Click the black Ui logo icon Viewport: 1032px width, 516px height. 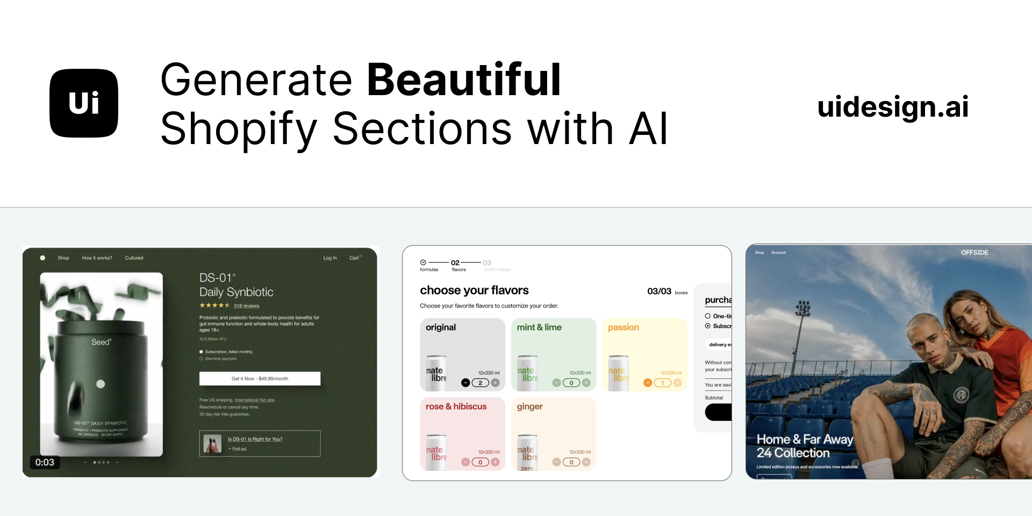click(84, 103)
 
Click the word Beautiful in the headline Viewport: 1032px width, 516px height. click(464, 80)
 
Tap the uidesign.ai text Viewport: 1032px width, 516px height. click(893, 106)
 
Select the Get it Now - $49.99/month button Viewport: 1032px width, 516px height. click(260, 378)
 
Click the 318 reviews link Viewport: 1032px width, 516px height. click(246, 306)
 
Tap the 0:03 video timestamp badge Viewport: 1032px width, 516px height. click(45, 462)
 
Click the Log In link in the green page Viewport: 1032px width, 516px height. click(330, 258)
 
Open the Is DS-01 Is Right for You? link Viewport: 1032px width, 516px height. click(255, 439)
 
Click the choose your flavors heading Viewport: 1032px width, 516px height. click(474, 290)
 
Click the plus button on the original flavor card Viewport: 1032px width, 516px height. click(496, 383)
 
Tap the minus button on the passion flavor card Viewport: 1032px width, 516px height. click(648, 383)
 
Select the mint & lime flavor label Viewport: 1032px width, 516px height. click(539, 327)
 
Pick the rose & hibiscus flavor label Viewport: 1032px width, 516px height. click(456, 406)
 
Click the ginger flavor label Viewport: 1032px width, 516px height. click(529, 406)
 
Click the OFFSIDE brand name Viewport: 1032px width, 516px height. click(974, 252)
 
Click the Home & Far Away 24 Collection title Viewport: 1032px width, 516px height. click(804, 446)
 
